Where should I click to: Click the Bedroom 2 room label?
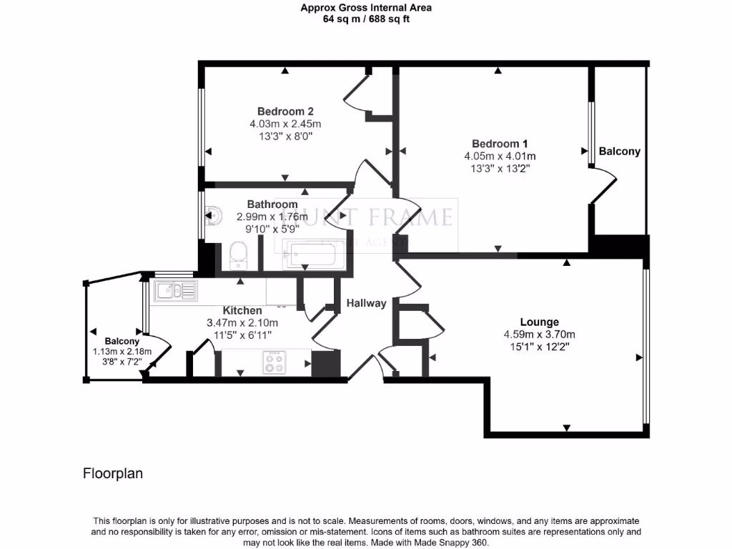point(285,112)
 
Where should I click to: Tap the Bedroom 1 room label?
point(500,144)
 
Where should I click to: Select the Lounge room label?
point(539,322)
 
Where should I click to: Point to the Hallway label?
point(366,303)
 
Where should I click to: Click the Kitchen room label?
point(242,311)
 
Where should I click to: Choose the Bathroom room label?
point(272,204)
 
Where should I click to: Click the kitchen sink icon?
point(175,290)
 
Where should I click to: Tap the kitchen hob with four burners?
point(274,362)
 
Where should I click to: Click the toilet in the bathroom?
point(238,255)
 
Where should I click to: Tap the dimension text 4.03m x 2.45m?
point(285,124)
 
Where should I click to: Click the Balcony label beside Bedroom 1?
point(619,152)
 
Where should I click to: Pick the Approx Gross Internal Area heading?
point(366,8)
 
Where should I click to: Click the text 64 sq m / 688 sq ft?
point(366,19)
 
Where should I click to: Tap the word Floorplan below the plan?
point(113,473)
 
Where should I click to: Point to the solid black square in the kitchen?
point(325,363)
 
